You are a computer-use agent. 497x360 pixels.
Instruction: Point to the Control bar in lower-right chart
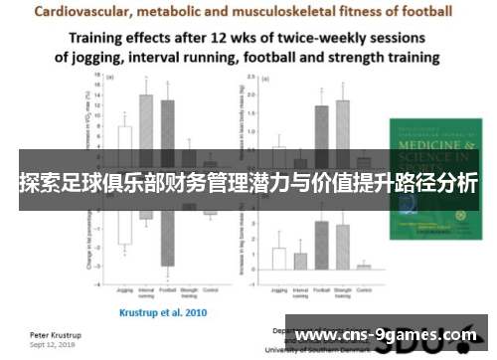click(364, 266)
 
